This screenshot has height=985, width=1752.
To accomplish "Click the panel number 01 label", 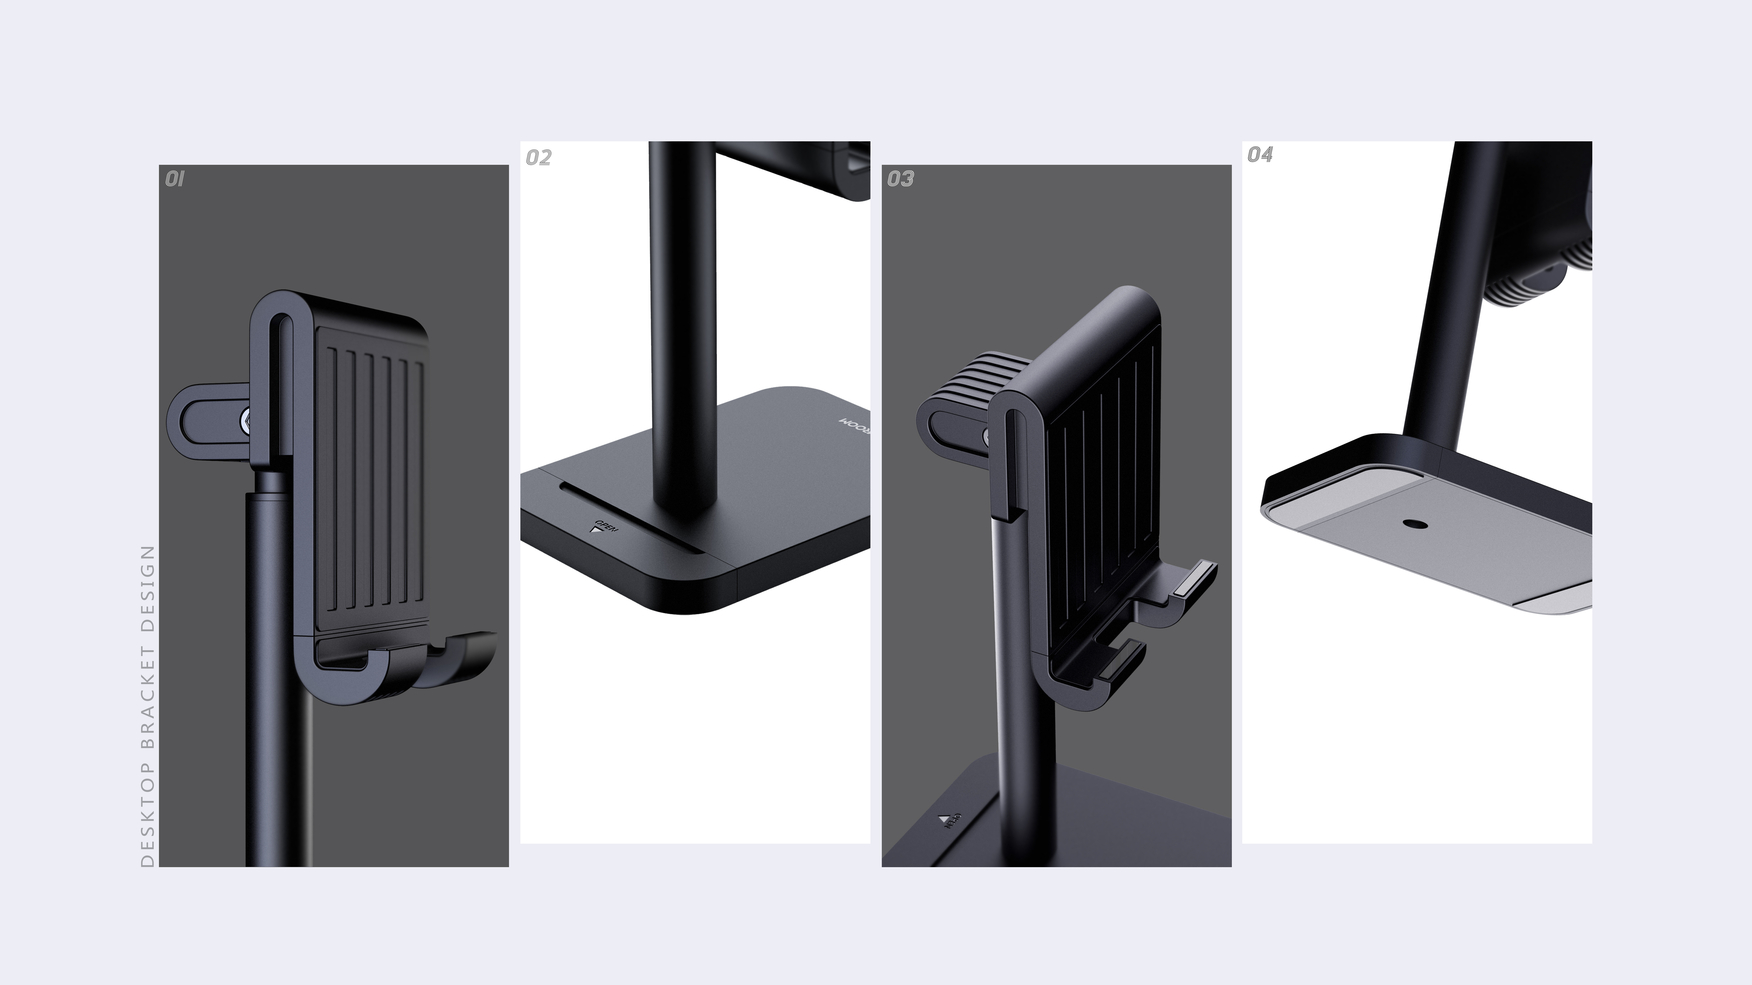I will click(175, 179).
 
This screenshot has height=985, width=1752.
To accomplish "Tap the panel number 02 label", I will click(539, 158).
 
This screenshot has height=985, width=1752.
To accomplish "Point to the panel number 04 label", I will click(1260, 155).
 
